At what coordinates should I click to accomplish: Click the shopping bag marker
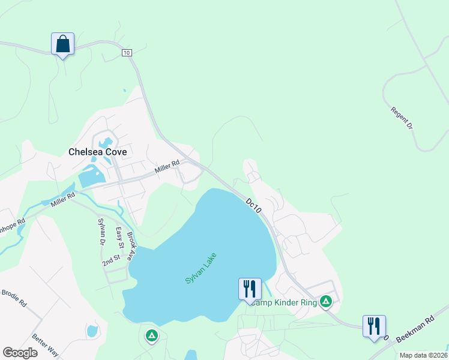pos(63,44)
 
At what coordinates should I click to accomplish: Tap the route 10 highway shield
pos(126,53)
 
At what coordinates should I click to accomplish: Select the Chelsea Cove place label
pos(97,152)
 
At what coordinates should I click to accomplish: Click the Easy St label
pos(119,238)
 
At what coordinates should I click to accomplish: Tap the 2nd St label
pos(111,260)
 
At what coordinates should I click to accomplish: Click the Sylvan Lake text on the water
pos(200,268)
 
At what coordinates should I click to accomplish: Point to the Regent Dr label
pos(402,119)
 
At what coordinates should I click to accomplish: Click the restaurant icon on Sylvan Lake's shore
pos(249,289)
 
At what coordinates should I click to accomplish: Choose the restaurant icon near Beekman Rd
pos(374,326)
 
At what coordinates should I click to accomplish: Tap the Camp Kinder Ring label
pos(284,302)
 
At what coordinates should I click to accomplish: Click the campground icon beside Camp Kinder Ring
pos(326,301)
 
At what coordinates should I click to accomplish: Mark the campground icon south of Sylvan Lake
pos(152,335)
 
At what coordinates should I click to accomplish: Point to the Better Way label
pos(45,345)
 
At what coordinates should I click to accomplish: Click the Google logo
pos(20,353)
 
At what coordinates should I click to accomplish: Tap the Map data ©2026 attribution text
pos(423,355)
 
